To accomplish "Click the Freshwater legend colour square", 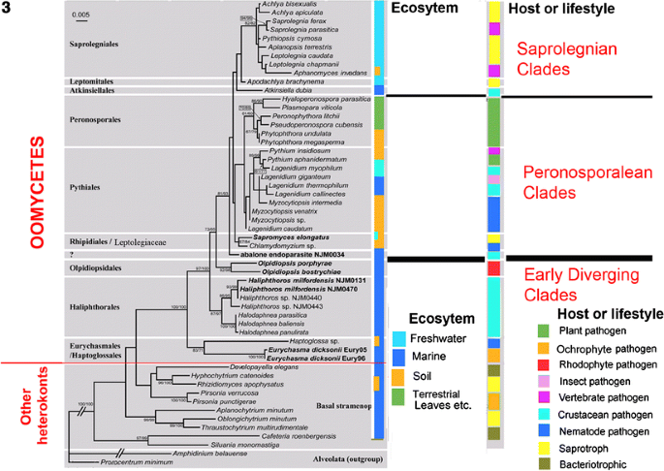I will click(x=396, y=337).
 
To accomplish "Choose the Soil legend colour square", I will click(x=396, y=374).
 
